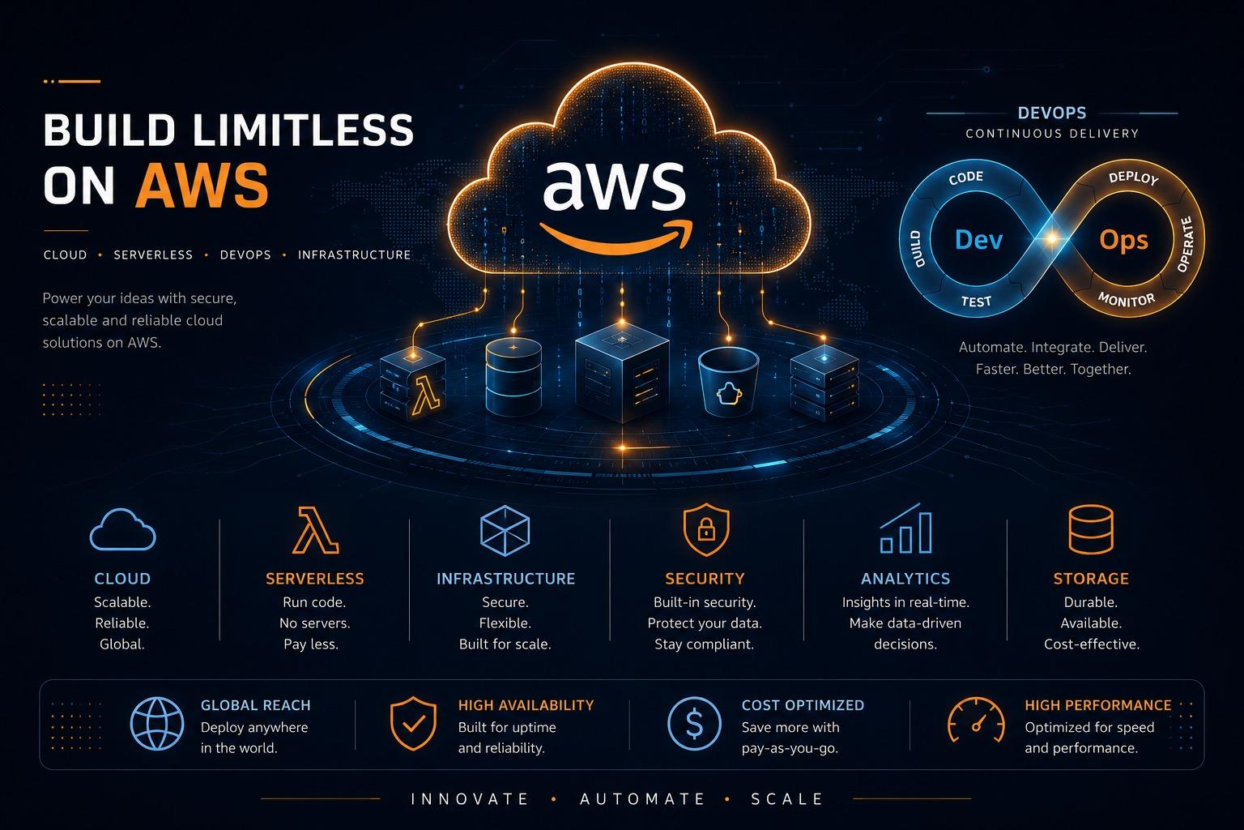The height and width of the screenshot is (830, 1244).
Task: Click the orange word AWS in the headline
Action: [x=202, y=186]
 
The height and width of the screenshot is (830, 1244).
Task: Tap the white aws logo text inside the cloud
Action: [x=614, y=186]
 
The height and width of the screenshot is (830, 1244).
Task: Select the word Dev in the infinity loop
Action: [x=978, y=240]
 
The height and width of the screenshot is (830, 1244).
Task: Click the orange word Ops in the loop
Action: [x=1123, y=241]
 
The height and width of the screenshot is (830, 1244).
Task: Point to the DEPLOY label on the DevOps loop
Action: [x=1134, y=178]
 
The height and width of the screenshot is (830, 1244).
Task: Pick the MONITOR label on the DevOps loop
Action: [x=1127, y=300]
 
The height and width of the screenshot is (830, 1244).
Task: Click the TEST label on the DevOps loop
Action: [x=976, y=302]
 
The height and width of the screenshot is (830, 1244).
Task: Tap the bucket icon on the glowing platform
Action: [x=729, y=382]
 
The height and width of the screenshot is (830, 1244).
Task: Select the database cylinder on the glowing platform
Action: [x=513, y=376]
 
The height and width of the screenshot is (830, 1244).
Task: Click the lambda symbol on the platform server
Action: [x=426, y=396]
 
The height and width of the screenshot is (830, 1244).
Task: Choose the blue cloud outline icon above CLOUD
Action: [x=123, y=530]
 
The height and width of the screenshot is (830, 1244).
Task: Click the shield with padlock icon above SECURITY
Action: [x=706, y=529]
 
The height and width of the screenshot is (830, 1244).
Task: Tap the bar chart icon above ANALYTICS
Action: [x=905, y=528]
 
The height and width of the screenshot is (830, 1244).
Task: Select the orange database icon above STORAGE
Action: [x=1091, y=529]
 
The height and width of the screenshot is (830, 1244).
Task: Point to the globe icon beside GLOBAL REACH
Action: [x=157, y=724]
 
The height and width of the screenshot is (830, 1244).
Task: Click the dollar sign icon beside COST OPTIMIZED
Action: [x=694, y=724]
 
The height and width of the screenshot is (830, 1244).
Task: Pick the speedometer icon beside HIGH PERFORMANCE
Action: [x=976, y=721]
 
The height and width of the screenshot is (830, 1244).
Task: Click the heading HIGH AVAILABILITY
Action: [x=526, y=705]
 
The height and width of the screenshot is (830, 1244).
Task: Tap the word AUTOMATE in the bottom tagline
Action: [x=642, y=799]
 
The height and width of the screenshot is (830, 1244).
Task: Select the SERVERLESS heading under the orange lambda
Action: [x=315, y=579]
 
